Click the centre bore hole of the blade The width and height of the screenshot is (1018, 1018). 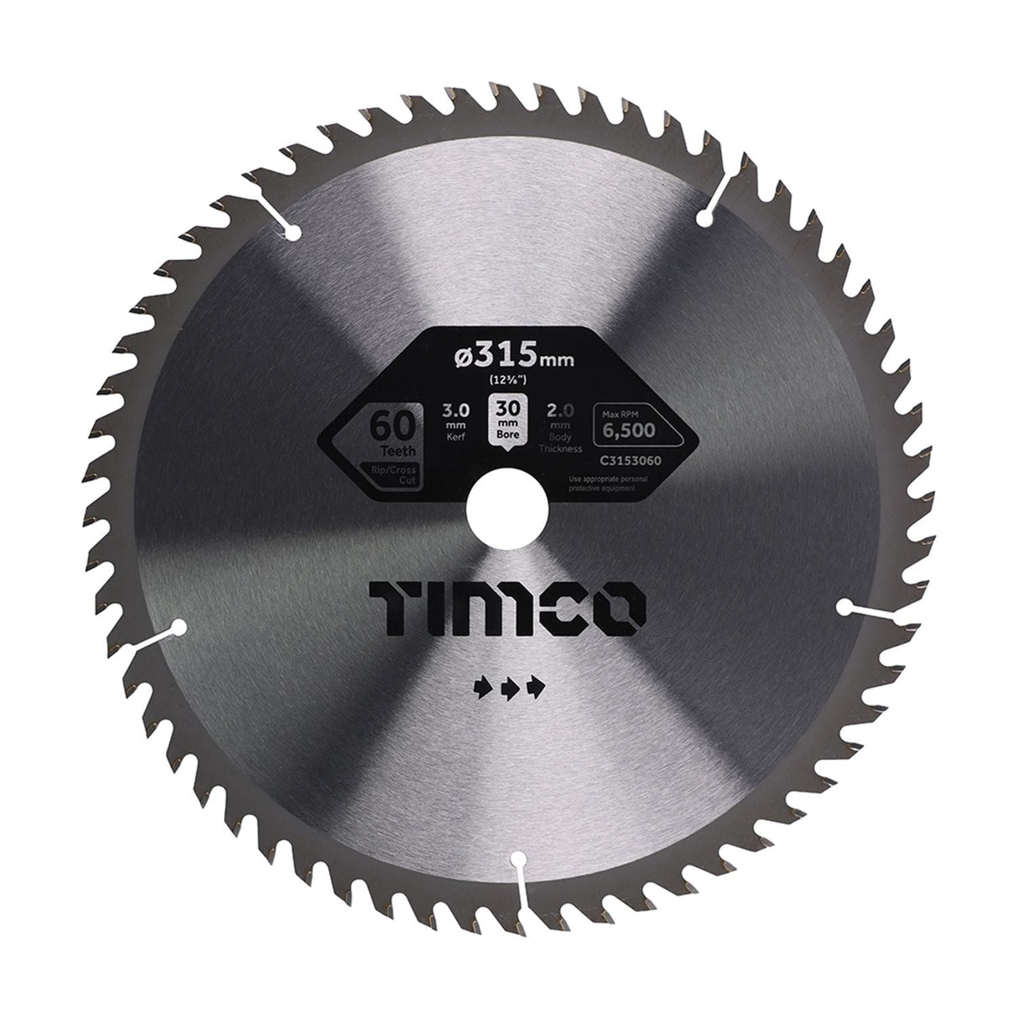(x=509, y=508)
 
